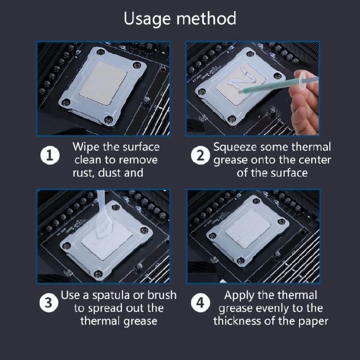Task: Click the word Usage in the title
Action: [147, 19]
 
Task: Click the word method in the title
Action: [206, 18]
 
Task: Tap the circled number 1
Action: [50, 155]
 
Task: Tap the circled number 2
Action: [201, 155]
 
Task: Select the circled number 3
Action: [48, 303]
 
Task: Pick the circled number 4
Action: [201, 303]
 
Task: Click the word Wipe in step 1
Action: [86, 147]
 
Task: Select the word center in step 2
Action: [317, 160]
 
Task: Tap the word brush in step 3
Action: [162, 295]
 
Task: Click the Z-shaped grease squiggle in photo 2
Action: [240, 79]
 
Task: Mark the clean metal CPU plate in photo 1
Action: [103, 83]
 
